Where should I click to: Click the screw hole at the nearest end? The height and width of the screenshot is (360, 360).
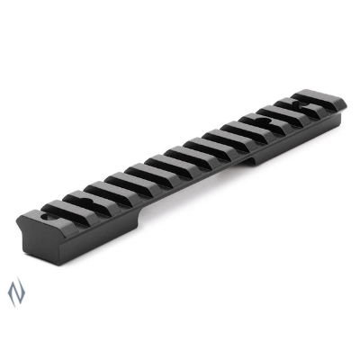pos(45,216)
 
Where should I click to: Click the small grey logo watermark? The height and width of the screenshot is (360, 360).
pos(12,291)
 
